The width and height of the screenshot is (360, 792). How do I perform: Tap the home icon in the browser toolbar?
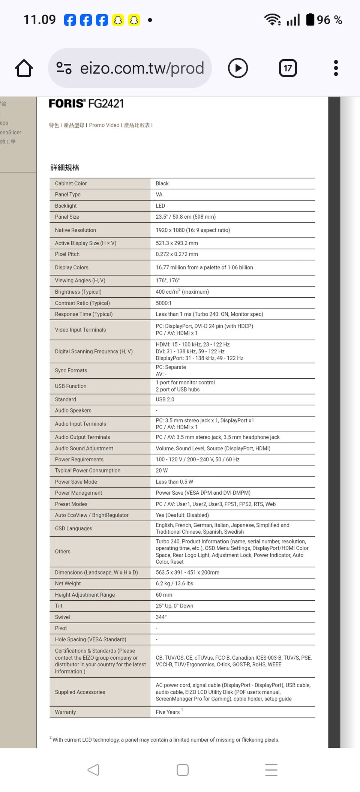(x=24, y=68)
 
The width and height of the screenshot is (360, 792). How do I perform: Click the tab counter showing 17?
(x=288, y=68)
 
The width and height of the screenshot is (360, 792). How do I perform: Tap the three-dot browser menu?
(x=336, y=68)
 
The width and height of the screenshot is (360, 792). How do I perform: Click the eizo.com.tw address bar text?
(x=142, y=68)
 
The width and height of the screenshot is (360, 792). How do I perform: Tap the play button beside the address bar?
(x=238, y=68)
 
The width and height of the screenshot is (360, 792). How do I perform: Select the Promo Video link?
(x=104, y=125)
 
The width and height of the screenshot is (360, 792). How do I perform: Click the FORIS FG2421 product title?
(x=86, y=103)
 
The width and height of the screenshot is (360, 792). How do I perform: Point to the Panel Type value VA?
(x=159, y=195)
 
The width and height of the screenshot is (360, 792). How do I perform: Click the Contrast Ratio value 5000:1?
(x=163, y=303)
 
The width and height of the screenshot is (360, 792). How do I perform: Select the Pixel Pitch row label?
(x=67, y=254)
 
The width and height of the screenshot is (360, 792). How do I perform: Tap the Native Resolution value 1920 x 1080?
(x=193, y=230)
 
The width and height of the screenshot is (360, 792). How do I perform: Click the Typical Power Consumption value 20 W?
(x=162, y=471)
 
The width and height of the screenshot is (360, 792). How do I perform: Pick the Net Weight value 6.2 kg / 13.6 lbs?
(x=174, y=583)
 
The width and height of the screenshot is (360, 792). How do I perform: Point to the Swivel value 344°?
(x=161, y=617)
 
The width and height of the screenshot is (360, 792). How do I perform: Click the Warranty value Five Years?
(x=168, y=712)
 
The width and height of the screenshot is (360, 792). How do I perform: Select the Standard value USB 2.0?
(x=165, y=400)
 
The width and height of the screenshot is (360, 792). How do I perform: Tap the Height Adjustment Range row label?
(x=85, y=595)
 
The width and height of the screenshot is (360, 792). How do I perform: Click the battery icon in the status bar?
(x=310, y=19)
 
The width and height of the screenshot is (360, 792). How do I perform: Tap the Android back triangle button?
(x=93, y=770)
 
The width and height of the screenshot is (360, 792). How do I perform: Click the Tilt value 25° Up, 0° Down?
(x=174, y=606)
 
